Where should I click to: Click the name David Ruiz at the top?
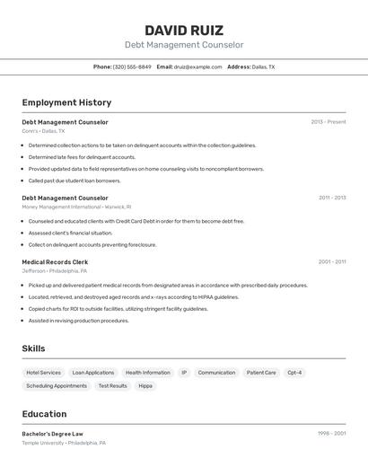click(184, 30)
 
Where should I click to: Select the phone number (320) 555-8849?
click(132, 66)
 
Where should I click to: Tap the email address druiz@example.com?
click(197, 66)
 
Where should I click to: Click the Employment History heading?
click(66, 102)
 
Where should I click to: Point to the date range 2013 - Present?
click(329, 122)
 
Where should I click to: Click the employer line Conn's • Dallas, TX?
click(43, 131)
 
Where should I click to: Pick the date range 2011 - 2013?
click(332, 198)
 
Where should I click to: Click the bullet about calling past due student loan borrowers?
click(74, 181)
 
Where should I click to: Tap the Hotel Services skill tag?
click(43, 373)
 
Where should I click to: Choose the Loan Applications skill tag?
click(93, 373)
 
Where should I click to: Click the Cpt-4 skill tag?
click(294, 373)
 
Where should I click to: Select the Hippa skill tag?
click(145, 386)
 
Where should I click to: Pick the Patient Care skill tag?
click(261, 373)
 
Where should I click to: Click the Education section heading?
click(44, 414)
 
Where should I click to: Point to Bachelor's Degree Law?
click(58, 434)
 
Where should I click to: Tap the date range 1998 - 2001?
click(332, 434)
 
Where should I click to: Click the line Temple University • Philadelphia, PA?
click(64, 443)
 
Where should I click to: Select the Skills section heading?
click(33, 348)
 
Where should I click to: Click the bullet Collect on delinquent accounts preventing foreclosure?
click(92, 244)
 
